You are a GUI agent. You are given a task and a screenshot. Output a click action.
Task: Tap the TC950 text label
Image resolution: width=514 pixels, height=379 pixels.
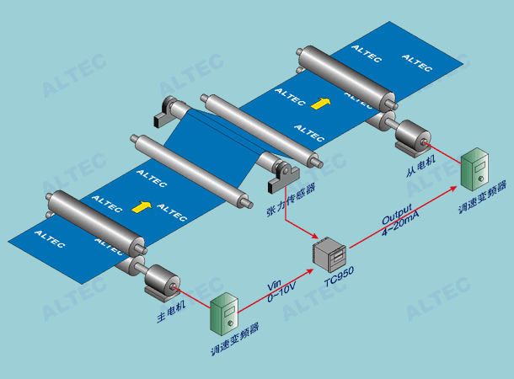[x=339, y=277]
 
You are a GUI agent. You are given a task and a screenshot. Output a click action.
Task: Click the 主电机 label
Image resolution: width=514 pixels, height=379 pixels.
[x=171, y=312]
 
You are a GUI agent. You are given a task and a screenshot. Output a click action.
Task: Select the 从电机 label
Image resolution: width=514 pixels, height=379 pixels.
[x=420, y=166]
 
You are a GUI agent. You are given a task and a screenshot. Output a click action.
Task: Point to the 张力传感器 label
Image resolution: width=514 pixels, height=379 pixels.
[x=291, y=200]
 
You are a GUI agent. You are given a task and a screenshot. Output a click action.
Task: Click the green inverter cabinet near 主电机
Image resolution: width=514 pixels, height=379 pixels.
[x=224, y=314]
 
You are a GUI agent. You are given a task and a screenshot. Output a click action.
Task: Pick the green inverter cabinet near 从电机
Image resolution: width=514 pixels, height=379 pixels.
[x=474, y=169]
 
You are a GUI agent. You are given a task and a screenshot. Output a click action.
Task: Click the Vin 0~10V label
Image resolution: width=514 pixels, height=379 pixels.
[x=281, y=291]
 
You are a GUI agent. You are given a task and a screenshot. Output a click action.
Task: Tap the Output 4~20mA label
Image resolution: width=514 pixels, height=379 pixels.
[x=400, y=220]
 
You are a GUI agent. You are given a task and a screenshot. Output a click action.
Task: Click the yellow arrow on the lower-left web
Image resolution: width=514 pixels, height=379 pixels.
[x=142, y=206]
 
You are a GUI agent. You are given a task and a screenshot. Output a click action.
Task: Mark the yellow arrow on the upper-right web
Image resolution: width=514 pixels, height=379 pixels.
[x=320, y=104]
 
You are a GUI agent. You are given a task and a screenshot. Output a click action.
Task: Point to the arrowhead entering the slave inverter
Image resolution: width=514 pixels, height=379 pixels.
[x=453, y=188]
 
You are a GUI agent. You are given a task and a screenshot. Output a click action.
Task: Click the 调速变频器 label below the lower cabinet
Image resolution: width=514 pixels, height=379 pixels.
[x=235, y=339]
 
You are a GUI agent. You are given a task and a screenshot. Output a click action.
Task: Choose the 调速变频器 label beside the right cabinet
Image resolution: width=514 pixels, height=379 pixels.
[x=482, y=197]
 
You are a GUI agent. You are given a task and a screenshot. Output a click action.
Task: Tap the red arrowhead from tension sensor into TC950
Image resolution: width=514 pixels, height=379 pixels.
[x=314, y=236]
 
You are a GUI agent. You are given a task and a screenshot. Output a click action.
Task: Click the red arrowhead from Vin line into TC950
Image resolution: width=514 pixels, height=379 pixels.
[x=310, y=271]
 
